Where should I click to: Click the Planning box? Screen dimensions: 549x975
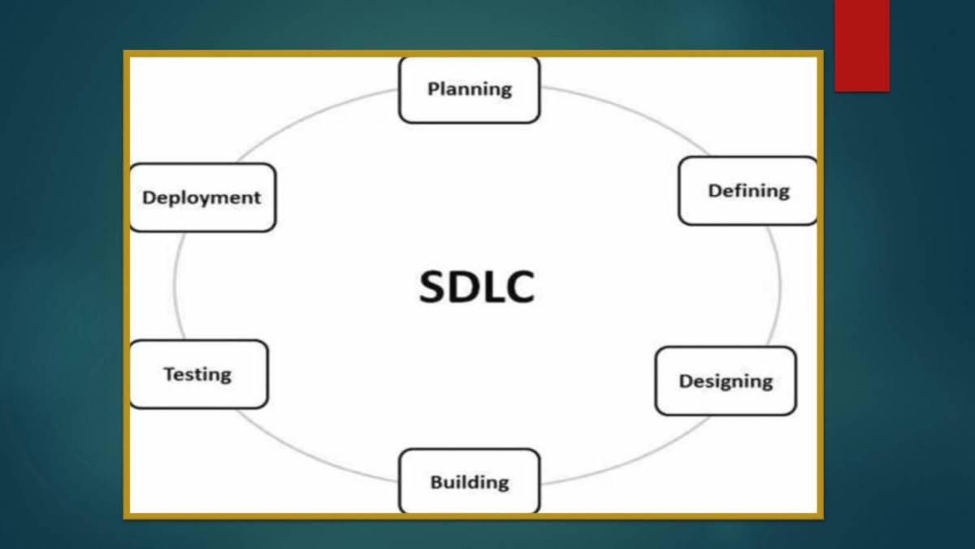[469, 90]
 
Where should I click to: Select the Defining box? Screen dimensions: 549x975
[747, 191]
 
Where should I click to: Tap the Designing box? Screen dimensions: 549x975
[725, 381]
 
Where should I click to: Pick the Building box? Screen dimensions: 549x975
[469, 481]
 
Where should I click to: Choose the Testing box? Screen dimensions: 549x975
[197, 374]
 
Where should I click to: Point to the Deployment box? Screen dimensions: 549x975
[201, 198]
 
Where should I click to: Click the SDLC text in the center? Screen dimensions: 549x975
[477, 286]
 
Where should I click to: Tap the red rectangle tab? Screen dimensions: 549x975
[861, 45]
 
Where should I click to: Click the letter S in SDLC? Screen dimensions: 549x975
[435, 286]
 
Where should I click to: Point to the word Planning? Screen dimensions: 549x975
[469, 89]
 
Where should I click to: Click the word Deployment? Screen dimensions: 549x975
[201, 198]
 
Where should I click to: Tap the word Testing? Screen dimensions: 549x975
[197, 374]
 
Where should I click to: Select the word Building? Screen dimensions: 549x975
[469, 481]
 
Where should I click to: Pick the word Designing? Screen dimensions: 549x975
[725, 381]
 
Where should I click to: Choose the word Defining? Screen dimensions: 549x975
[747, 191]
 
